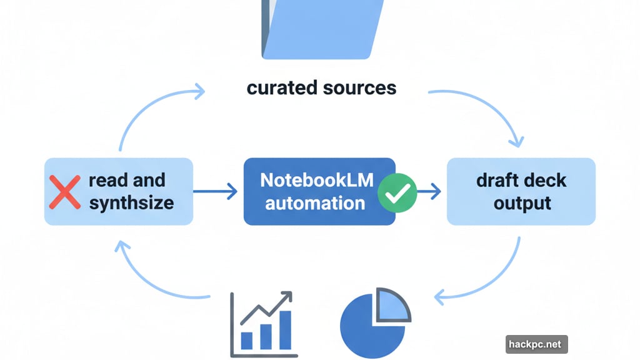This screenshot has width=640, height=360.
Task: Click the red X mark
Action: [64, 191]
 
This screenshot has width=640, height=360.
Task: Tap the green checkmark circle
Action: [397, 194]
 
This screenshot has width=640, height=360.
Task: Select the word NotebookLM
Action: [317, 180]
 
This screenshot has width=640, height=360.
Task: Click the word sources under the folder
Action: [360, 87]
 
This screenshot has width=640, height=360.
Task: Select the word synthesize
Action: [131, 203]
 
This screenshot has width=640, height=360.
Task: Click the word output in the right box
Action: [522, 203]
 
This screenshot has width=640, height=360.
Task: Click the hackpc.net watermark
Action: [536, 344]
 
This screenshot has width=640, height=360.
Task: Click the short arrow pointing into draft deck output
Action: [429, 192]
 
